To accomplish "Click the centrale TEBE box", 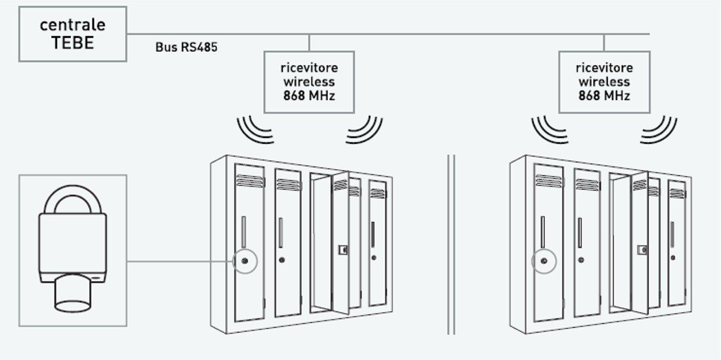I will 72,33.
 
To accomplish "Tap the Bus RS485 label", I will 186,47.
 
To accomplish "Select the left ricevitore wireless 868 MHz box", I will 309,82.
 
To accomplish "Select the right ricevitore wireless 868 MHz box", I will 604,82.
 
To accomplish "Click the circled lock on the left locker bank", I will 245,261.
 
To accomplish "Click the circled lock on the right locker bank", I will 544,261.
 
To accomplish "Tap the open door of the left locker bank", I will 340,243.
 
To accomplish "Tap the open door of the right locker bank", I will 639,243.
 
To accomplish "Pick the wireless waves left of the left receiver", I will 255,130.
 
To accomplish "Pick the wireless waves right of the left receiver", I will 364,130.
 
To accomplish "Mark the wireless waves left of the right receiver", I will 550,130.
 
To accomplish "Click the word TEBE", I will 72,43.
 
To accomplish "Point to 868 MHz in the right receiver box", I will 604,96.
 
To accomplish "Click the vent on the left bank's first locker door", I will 249,181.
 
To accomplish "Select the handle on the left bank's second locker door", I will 280,232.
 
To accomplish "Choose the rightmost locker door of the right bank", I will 676,243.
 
